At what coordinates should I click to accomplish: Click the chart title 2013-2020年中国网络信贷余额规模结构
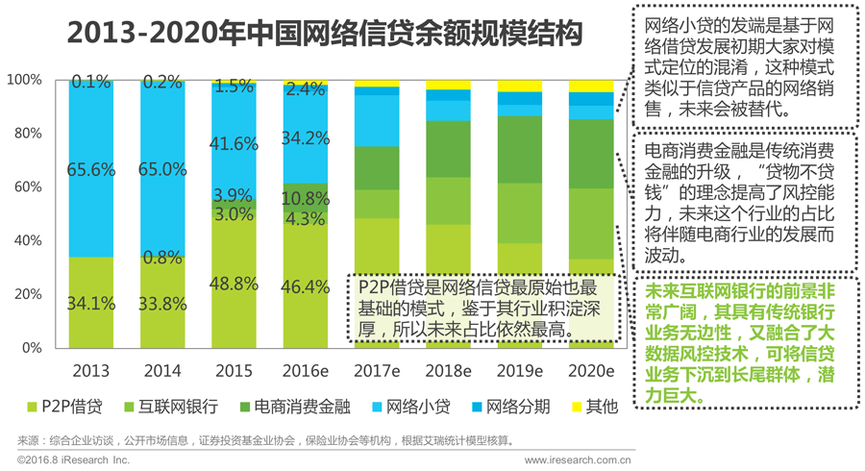click(325, 35)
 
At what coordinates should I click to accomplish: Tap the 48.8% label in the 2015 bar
click(234, 284)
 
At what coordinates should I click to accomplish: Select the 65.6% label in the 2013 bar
click(90, 170)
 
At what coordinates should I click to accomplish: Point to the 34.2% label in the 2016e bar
click(306, 137)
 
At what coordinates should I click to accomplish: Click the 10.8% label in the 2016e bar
click(306, 198)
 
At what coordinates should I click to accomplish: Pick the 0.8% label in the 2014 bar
click(161, 258)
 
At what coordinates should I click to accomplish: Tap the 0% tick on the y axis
click(31, 347)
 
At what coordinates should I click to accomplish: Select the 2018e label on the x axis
click(448, 370)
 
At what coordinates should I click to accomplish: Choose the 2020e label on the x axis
click(591, 370)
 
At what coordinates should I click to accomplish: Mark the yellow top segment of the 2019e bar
click(520, 86)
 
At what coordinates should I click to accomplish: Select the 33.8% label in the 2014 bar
click(161, 304)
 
